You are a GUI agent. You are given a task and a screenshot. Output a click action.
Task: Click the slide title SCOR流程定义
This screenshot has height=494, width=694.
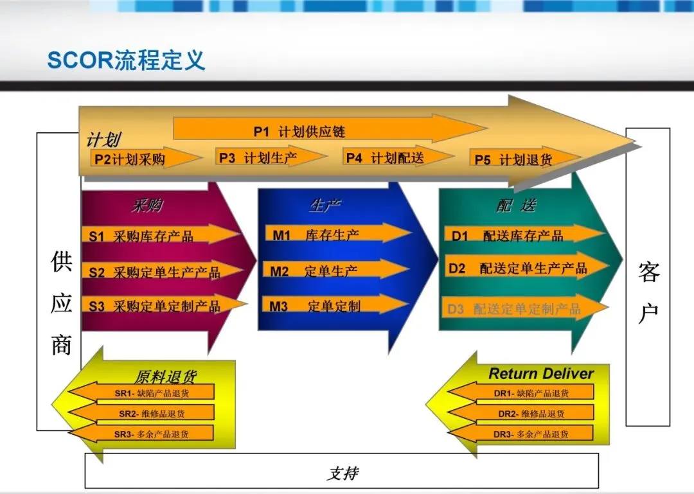pos(126,60)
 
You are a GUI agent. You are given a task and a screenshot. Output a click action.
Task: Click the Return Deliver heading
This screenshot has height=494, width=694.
pos(541,373)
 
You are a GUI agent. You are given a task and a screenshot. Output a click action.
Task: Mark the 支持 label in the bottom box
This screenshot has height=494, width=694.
pos(342,474)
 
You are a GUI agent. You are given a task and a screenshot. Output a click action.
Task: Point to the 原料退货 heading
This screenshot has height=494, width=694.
pos(165,376)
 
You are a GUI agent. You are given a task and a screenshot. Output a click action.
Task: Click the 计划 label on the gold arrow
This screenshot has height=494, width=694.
pos(103,140)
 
